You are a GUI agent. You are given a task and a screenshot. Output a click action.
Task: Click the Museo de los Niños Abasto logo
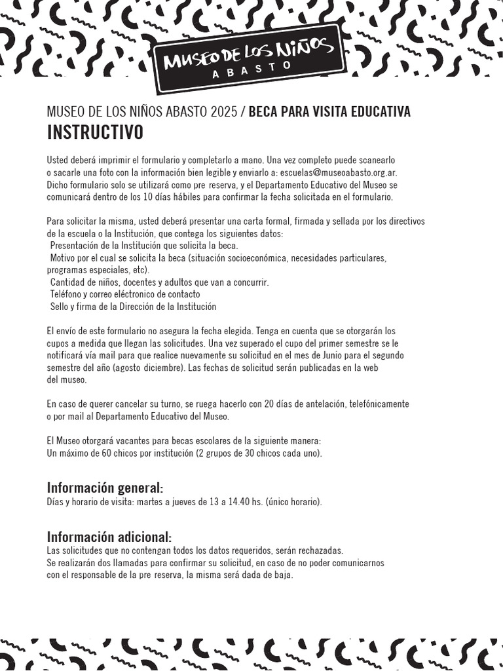[249, 58]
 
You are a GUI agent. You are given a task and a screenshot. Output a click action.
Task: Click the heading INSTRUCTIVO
[95, 132]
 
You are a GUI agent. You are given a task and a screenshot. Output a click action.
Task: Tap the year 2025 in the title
[224, 112]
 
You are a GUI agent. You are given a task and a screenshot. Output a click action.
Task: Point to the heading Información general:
[105, 488]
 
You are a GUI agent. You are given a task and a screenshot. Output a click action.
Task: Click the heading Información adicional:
[109, 537]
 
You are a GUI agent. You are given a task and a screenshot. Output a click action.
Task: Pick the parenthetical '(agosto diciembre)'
[149, 368]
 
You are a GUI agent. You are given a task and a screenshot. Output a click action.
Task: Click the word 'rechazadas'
[320, 550]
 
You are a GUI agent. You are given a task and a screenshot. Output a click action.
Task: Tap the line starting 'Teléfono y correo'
[124, 294]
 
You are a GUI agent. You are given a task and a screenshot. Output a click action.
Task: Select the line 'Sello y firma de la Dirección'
[133, 307]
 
